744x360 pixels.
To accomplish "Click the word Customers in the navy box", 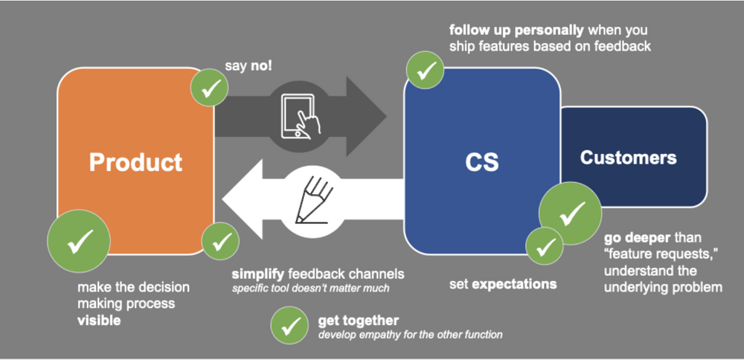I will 629,158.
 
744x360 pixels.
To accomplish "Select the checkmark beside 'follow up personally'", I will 425,69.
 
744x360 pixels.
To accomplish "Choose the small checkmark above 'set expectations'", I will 544,245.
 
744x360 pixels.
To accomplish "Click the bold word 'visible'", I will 100,320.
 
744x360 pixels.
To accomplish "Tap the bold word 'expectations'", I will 514,284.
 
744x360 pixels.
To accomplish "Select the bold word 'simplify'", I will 257,274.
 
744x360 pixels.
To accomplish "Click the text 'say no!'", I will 248,65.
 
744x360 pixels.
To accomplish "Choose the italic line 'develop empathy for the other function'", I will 410,335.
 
